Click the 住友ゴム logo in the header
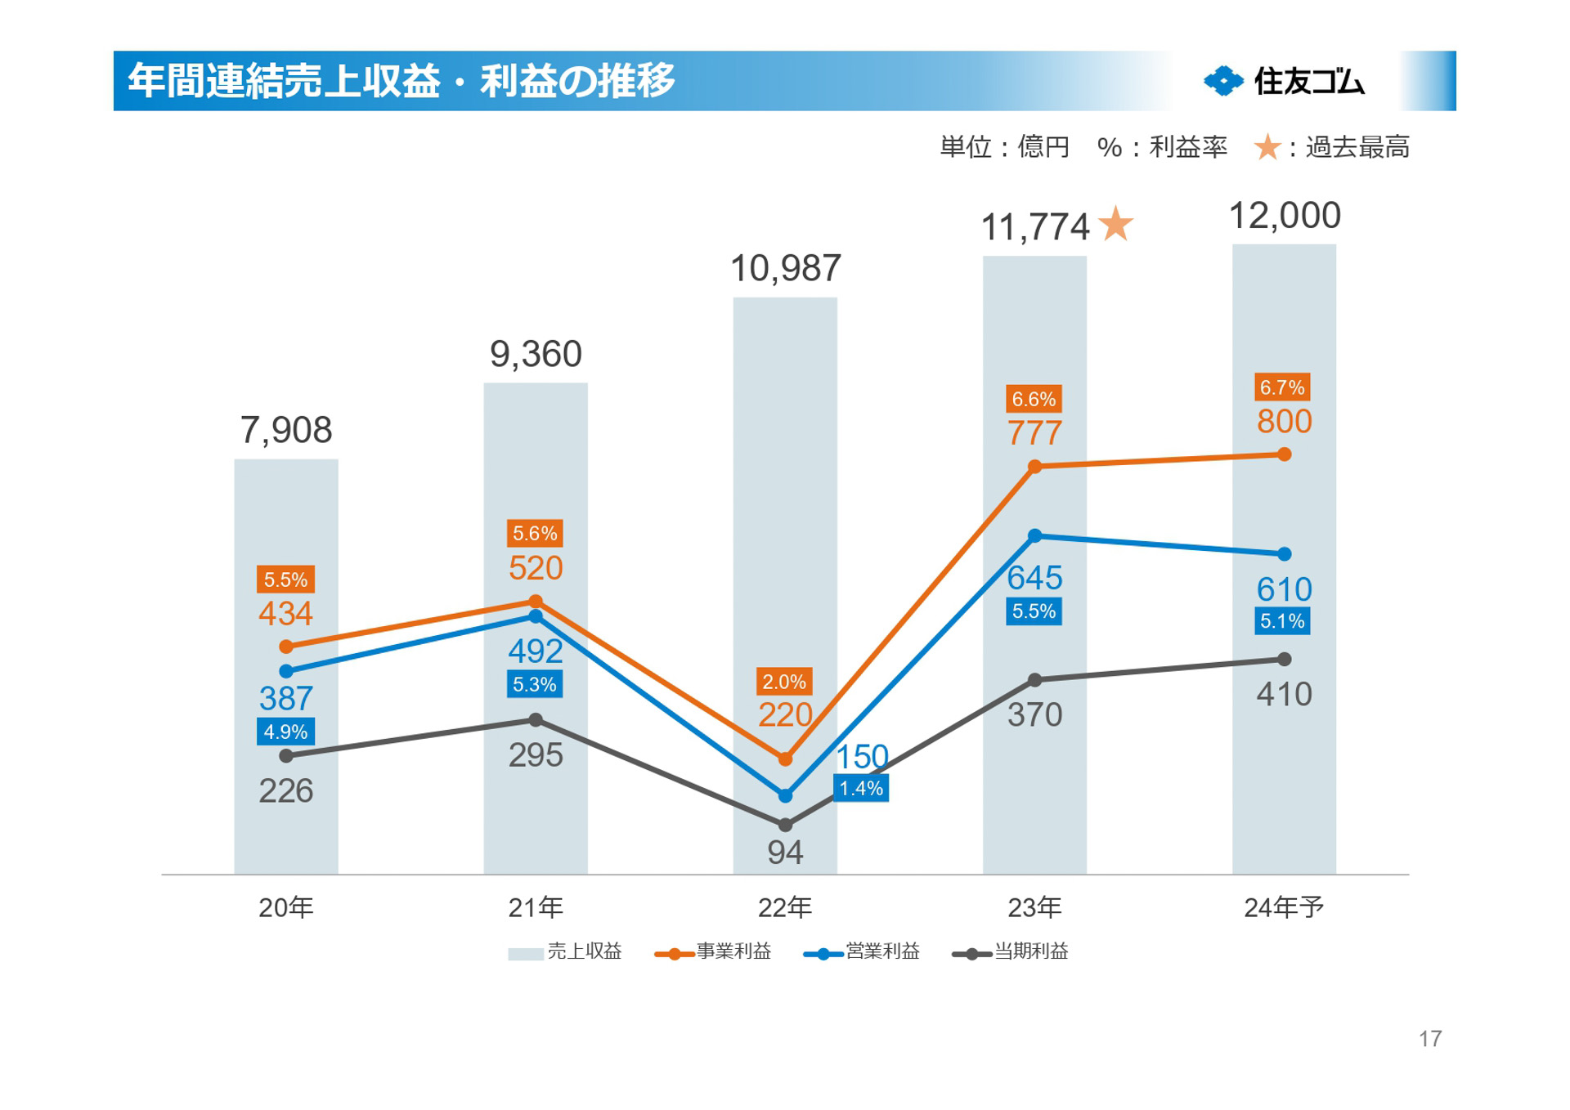pos(1284,81)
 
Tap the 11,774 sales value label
pos(1034,227)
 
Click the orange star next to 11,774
pos(1116,224)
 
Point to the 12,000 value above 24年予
pos(1284,216)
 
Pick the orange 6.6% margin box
pos(1034,399)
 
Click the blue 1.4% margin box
pos(861,788)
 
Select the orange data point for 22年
pos(785,759)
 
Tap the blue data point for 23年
pos(1034,536)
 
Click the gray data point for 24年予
pos(1284,659)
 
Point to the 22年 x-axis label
pos(785,907)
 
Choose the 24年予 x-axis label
pos(1284,907)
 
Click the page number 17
pos(1429,1038)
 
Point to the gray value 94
pos(785,853)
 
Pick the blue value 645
pos(1034,578)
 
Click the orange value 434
pos(285,613)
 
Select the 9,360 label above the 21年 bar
pos(536,354)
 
